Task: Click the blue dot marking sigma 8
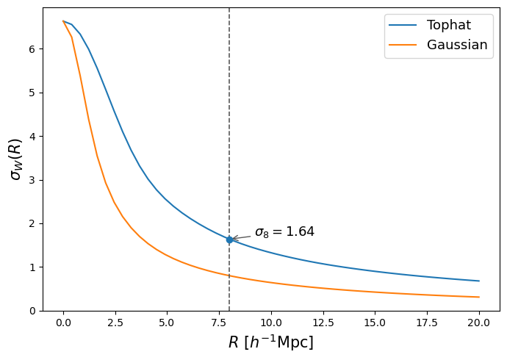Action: (x=229, y=240)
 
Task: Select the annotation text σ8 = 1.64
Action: (x=284, y=231)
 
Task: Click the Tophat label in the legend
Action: (x=449, y=25)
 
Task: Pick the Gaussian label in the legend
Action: (x=457, y=45)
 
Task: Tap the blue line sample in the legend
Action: (x=403, y=25)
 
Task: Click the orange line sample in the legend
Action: (x=403, y=45)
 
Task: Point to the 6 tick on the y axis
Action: (x=32, y=49)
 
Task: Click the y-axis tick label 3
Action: (x=32, y=180)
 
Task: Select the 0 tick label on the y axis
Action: (x=32, y=311)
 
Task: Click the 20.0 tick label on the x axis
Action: (x=479, y=323)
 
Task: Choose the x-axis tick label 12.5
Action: (x=323, y=323)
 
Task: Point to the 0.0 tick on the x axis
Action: (x=63, y=323)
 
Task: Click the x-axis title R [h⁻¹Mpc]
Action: (x=271, y=342)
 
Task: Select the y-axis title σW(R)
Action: (x=16, y=159)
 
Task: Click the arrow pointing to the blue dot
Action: (x=241, y=238)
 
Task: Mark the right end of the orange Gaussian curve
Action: (x=479, y=297)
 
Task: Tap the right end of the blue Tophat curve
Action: (x=479, y=281)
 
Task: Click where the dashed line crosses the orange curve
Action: (x=229, y=276)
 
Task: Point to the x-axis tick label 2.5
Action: (x=115, y=323)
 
